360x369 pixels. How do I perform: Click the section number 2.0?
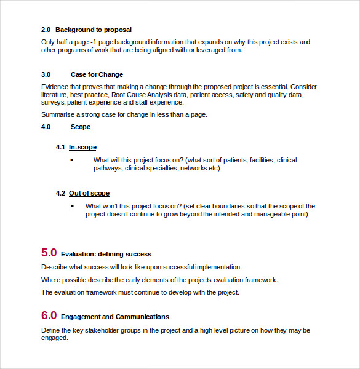pos(46,30)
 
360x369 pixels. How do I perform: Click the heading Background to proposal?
pos(94,30)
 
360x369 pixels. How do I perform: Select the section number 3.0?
pos(46,74)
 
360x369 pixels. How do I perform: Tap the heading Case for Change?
pos(97,74)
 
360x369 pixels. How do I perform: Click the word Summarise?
pos(58,114)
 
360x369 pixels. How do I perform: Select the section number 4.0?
pos(46,127)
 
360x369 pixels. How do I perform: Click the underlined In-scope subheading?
pos(82,147)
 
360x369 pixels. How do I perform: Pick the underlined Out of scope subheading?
pos(89,193)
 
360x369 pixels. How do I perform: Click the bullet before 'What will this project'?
pos(72,160)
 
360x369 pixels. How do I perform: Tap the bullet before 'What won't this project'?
pos(72,206)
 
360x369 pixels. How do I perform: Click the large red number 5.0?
pos(49,252)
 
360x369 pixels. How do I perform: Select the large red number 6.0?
pos(49,315)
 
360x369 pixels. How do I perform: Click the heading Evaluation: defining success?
pos(106,254)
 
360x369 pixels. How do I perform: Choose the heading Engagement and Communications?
pos(115,317)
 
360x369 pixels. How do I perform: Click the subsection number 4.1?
pos(60,147)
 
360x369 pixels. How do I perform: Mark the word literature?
pos(55,95)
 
